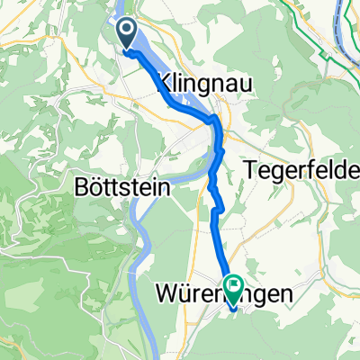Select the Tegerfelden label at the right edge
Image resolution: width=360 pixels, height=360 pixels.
pyautogui.click(x=301, y=170)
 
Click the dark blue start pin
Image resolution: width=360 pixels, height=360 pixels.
pyautogui.click(x=127, y=34)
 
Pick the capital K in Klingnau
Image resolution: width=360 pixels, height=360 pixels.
pyautogui.click(x=164, y=84)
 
